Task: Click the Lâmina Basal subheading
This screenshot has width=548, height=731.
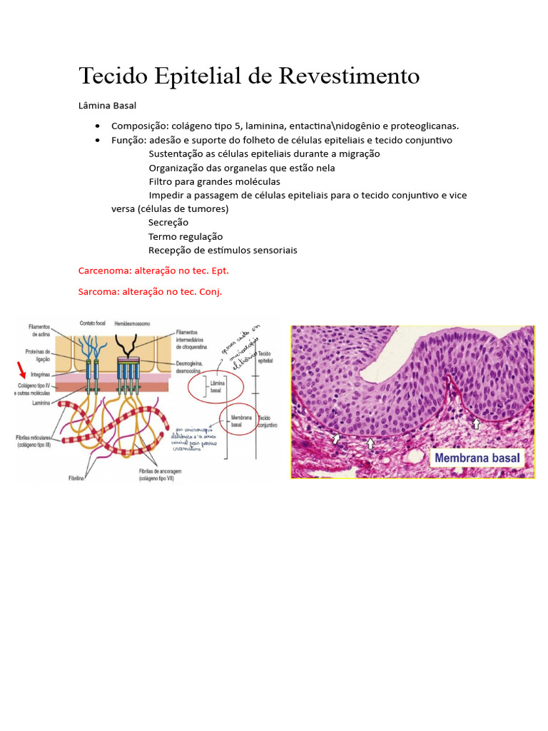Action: coord(107,106)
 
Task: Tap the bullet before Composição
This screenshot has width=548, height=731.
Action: coord(96,126)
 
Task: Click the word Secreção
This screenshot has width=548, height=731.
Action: coord(168,223)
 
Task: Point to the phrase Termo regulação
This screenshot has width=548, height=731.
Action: coord(186,236)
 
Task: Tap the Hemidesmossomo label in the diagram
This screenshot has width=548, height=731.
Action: coord(128,323)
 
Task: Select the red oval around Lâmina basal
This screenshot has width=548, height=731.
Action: coord(216,387)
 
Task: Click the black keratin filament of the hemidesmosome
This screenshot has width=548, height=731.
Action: coord(130,346)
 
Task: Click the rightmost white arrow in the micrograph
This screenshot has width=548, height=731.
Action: coord(477,423)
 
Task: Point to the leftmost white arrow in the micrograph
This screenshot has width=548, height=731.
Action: coord(336,438)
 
